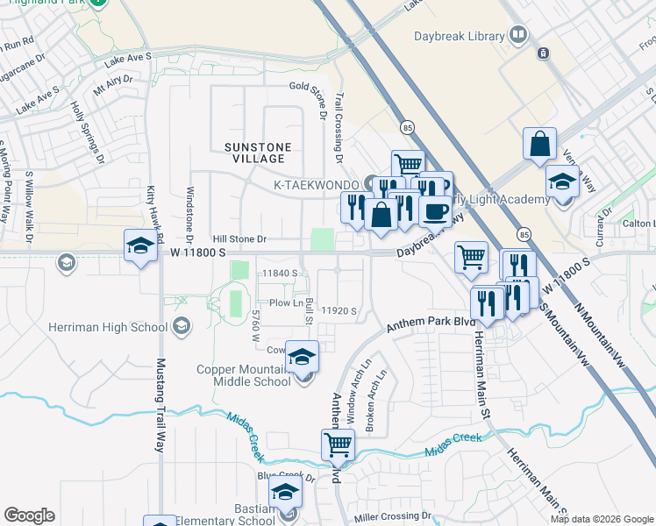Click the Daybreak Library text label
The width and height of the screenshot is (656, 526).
459,36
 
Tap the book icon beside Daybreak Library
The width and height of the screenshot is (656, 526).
518,36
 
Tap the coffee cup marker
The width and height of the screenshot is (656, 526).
436,210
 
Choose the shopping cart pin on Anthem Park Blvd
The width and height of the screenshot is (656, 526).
338,444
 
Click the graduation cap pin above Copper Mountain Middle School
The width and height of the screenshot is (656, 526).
303,356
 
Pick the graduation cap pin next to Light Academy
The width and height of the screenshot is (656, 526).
562,181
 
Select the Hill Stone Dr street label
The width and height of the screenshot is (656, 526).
237,238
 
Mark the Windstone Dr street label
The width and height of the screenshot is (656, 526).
189,215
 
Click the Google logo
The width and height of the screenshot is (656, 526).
29,515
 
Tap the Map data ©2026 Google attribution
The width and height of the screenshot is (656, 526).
601,519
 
